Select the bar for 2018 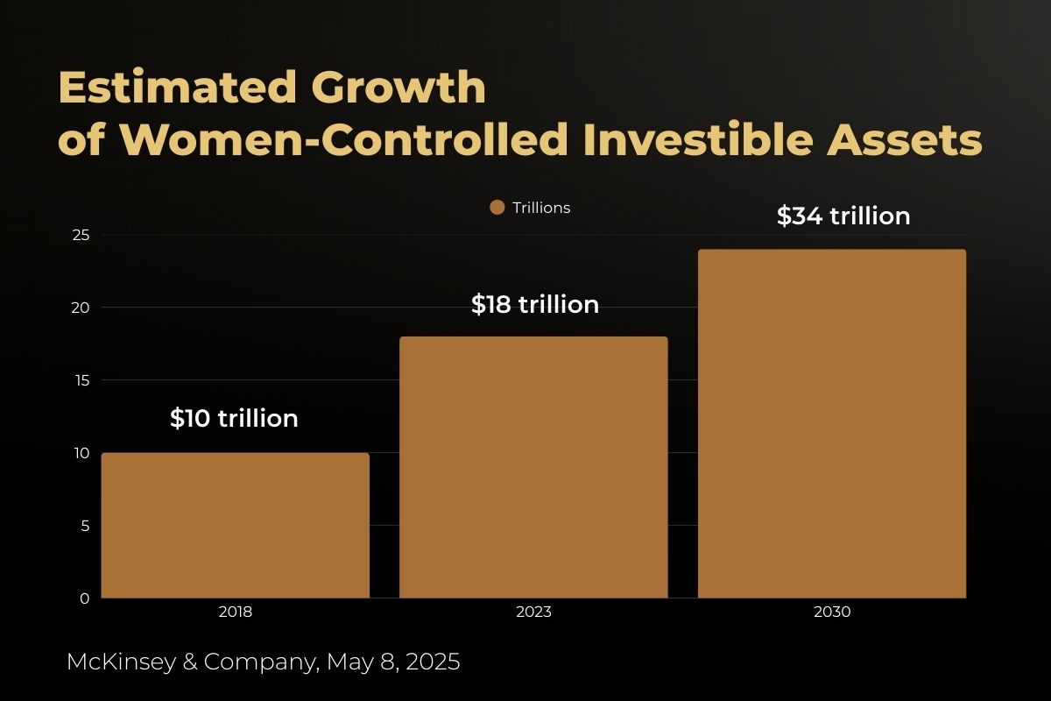click(235, 526)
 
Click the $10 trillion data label click(234, 419)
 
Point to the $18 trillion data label click(534, 305)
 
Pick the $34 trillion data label click(843, 216)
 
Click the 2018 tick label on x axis click(235, 612)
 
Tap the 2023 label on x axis click(533, 612)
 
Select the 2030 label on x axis click(832, 612)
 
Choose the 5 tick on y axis click(84, 526)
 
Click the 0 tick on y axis click(84, 598)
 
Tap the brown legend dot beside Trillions click(497, 208)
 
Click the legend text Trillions click(541, 208)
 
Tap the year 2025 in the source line click(431, 662)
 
